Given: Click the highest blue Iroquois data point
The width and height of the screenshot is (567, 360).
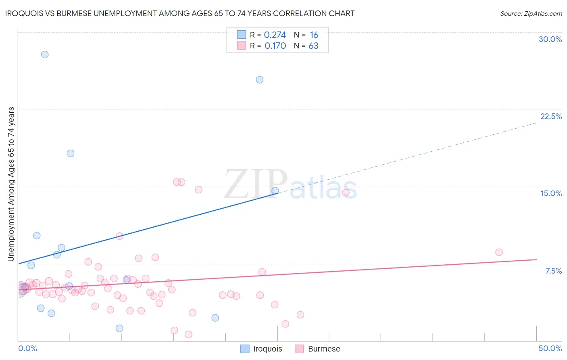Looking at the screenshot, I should coord(45,54).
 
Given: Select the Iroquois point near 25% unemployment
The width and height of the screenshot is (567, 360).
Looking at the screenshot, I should coord(260,80).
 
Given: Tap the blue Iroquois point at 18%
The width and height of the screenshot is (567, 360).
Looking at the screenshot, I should coord(71,153).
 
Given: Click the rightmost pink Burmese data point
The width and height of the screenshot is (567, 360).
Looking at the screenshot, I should coord(499,252).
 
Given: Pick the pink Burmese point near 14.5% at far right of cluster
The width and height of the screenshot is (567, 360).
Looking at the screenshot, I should coord(346,193).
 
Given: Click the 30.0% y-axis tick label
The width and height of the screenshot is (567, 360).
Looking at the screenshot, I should coord(550,39).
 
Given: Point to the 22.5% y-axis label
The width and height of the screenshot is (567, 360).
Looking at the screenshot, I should coord(551,116).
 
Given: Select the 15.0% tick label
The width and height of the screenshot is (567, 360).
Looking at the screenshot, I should coord(551,193).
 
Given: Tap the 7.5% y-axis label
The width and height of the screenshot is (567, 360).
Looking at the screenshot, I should coord(553,271).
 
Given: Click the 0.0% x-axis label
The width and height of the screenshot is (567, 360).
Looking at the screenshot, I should coord(27,348).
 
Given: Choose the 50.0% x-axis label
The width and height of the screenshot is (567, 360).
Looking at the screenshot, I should coord(550,348).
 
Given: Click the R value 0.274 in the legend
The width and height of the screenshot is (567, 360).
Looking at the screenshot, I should coord(275,35).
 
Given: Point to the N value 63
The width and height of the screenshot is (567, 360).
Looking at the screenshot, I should coord(313,46).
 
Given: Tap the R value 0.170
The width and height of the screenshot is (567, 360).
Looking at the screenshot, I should coord(275,46).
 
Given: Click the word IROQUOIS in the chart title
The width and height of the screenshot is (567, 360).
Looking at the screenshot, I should coord(26,13).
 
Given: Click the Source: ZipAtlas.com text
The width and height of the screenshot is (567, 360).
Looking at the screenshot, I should coord(531,14).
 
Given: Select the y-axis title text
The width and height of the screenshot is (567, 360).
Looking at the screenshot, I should coord(11,184).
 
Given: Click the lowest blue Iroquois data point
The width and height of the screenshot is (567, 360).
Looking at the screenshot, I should coord(119,328).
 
